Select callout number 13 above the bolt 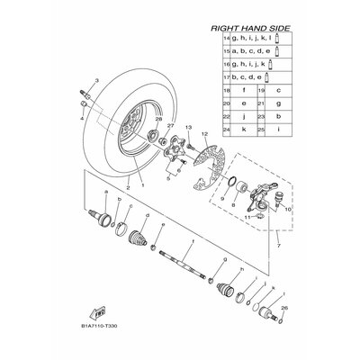click(x=191, y=129)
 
